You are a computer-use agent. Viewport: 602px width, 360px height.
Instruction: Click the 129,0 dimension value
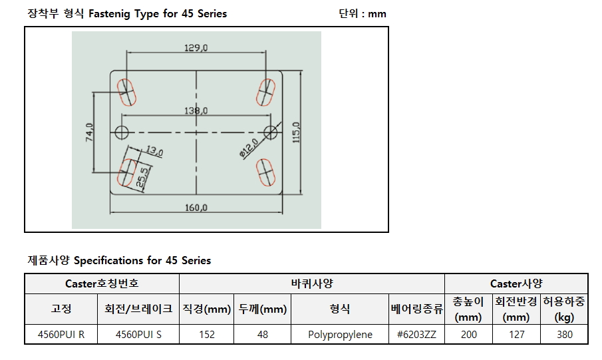point(196,48)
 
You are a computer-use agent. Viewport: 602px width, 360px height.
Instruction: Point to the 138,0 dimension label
point(196,110)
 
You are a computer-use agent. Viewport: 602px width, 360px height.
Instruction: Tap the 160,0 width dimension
point(196,208)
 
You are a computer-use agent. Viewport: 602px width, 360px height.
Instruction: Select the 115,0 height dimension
point(296,132)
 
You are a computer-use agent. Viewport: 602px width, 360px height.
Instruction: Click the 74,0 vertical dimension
point(89,132)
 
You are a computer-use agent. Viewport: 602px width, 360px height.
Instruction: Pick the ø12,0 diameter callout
point(249,148)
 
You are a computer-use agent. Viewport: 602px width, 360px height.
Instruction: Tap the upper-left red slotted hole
point(126,92)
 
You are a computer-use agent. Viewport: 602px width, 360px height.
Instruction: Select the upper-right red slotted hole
point(265,92)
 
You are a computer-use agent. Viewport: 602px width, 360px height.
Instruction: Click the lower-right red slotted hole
point(265,172)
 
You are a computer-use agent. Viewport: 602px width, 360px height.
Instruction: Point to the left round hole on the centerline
point(122,132)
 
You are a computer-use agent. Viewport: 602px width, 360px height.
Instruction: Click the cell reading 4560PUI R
point(61,335)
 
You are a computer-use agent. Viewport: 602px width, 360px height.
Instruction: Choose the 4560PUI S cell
point(138,335)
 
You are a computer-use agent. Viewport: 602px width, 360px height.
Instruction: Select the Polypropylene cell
point(340,335)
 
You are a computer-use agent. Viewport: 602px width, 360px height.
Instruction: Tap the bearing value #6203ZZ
point(416,335)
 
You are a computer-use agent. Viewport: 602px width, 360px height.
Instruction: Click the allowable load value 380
point(565,335)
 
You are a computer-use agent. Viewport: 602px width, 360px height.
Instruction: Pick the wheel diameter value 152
point(207,335)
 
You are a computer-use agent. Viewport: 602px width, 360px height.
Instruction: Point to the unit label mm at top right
point(377,14)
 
